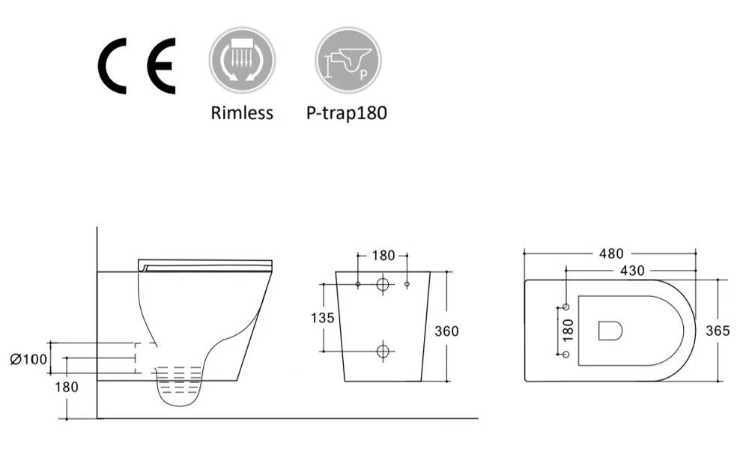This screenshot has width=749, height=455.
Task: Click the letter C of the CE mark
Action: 114,65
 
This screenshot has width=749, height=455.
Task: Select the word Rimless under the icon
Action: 242,113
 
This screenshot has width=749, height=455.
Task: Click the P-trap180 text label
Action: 347,113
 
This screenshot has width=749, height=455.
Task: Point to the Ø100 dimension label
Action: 28,359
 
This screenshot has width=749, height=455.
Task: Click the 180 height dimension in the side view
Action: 67,387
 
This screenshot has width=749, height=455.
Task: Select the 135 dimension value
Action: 322,318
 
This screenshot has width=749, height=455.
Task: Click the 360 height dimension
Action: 447,331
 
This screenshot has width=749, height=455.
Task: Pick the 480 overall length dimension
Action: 611,254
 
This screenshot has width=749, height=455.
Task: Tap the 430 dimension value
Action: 634,269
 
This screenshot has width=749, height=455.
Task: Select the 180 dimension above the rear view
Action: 383,256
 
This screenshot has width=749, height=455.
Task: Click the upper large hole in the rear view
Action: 383,285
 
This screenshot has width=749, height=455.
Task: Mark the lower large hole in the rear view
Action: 383,350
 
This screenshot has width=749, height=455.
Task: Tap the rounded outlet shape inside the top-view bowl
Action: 610,331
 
